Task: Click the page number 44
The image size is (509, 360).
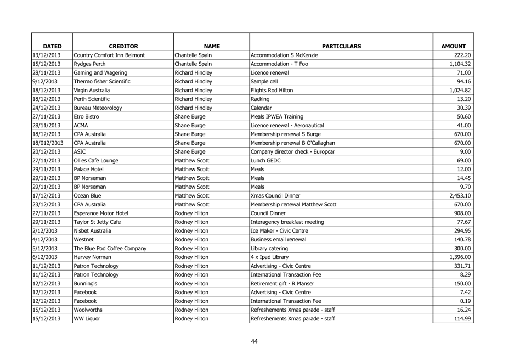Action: click(x=255, y=341)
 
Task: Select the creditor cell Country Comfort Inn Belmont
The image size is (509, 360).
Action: click(x=106, y=57)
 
